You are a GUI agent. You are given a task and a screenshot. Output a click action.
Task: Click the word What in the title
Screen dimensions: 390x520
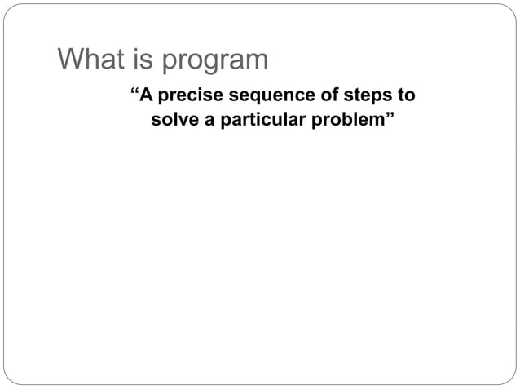point(88,60)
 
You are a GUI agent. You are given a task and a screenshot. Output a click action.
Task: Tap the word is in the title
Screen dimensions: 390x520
point(139,60)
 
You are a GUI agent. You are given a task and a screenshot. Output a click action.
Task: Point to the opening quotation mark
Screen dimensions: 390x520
point(135,91)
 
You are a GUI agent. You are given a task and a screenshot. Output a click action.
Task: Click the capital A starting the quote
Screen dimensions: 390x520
point(147,95)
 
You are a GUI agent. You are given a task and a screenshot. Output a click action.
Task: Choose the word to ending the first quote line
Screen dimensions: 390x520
point(406,95)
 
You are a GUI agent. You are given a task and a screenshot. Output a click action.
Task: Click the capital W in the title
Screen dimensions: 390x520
point(69,60)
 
